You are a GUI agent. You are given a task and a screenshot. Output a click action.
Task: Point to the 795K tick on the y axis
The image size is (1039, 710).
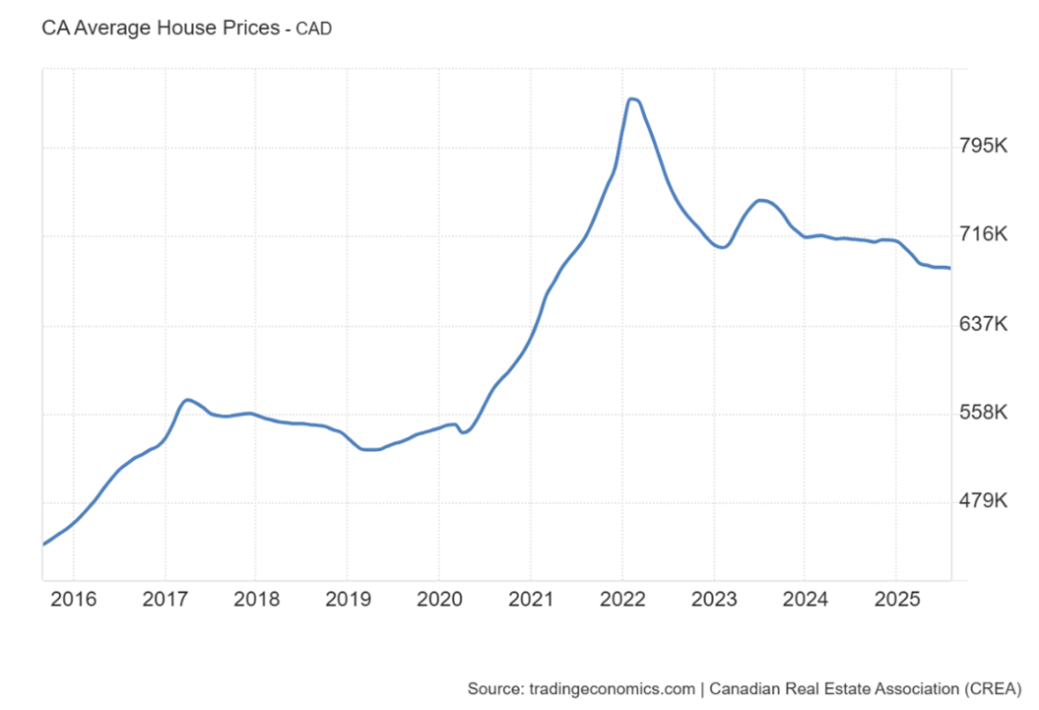983,147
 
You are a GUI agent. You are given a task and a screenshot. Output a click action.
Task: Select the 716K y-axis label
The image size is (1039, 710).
983,234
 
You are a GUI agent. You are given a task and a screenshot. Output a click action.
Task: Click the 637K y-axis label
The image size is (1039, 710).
983,324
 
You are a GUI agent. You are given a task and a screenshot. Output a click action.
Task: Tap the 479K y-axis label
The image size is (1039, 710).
983,501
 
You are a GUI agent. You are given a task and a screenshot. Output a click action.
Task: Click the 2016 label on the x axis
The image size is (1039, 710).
74,599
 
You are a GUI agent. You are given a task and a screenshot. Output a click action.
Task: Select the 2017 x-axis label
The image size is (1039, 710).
165,599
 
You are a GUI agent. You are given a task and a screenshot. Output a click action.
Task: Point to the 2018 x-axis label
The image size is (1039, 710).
256,599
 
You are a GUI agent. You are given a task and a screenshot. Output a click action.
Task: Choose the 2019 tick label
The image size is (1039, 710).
348,599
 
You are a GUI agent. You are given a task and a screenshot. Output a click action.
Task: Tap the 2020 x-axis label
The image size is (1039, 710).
438,599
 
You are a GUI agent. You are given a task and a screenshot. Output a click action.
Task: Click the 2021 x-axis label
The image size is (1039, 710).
531,599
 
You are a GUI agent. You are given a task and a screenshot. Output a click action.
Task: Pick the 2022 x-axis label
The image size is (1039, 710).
621,599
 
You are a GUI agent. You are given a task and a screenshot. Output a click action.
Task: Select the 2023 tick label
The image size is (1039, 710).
713,599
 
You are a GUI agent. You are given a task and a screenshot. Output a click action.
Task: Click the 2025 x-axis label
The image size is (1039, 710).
895,599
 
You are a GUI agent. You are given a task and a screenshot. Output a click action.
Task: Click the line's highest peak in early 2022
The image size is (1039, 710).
633,99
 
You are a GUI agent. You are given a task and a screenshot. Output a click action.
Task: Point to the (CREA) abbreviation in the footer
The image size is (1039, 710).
988,687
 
